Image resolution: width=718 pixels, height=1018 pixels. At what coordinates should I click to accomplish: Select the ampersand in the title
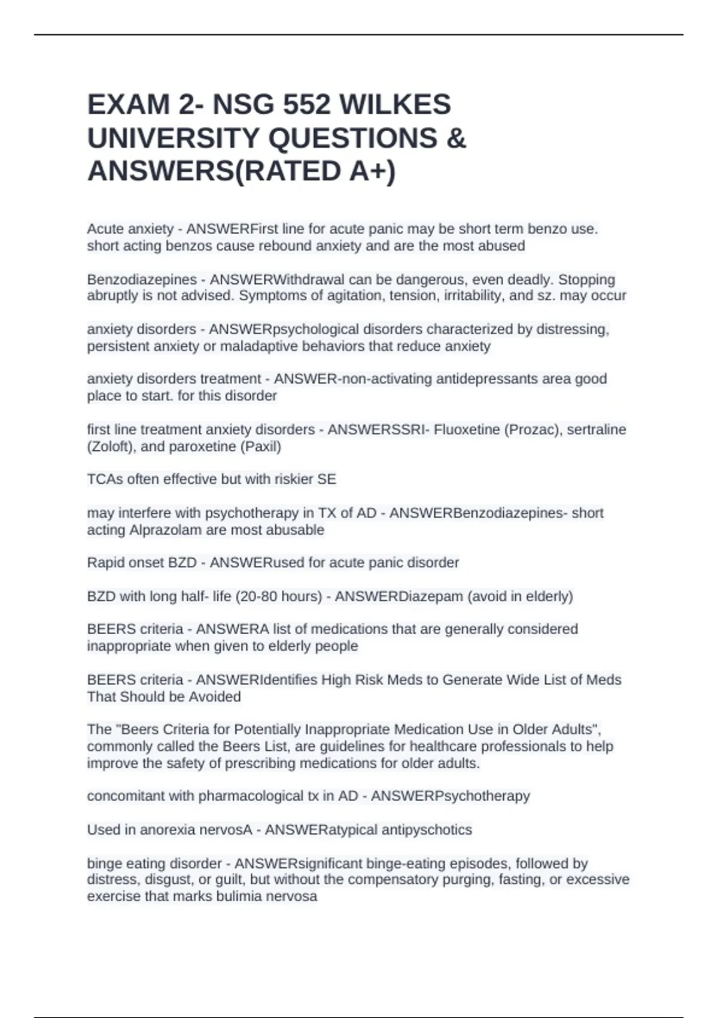click(x=456, y=138)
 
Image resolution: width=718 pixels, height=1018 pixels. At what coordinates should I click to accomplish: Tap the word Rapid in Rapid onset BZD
click(x=105, y=563)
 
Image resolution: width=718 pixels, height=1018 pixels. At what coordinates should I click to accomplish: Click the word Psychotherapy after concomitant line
click(x=482, y=796)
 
